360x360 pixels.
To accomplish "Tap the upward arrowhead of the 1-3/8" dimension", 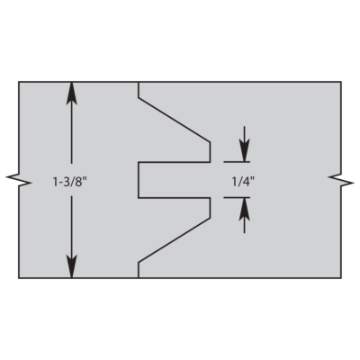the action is click(71, 93).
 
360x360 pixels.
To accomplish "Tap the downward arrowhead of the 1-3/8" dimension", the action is click(71, 266).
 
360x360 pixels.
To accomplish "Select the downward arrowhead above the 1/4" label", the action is click(245, 151).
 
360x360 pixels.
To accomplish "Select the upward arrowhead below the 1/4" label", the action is click(245, 209).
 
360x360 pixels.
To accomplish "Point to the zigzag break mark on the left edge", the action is click(19, 180).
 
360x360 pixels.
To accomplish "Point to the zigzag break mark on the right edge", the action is click(341, 180).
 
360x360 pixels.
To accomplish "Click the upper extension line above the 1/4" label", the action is click(237, 162).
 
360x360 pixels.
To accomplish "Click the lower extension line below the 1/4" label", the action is click(237, 197).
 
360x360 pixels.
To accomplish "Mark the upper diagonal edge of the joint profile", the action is click(175, 120).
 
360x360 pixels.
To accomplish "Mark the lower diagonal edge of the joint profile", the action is click(175, 240).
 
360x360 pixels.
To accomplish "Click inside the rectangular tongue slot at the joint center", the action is click(174, 180).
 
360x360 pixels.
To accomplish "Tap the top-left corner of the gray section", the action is click(19, 82).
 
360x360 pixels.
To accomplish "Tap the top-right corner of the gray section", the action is click(341, 82).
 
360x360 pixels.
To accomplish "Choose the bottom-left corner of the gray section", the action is click(19, 278).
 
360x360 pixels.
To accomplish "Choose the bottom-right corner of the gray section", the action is click(341, 278).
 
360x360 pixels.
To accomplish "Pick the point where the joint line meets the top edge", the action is click(139, 82).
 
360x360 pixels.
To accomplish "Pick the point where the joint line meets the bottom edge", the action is click(139, 278).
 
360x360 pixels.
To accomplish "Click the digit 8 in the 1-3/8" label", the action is click(78, 183).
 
